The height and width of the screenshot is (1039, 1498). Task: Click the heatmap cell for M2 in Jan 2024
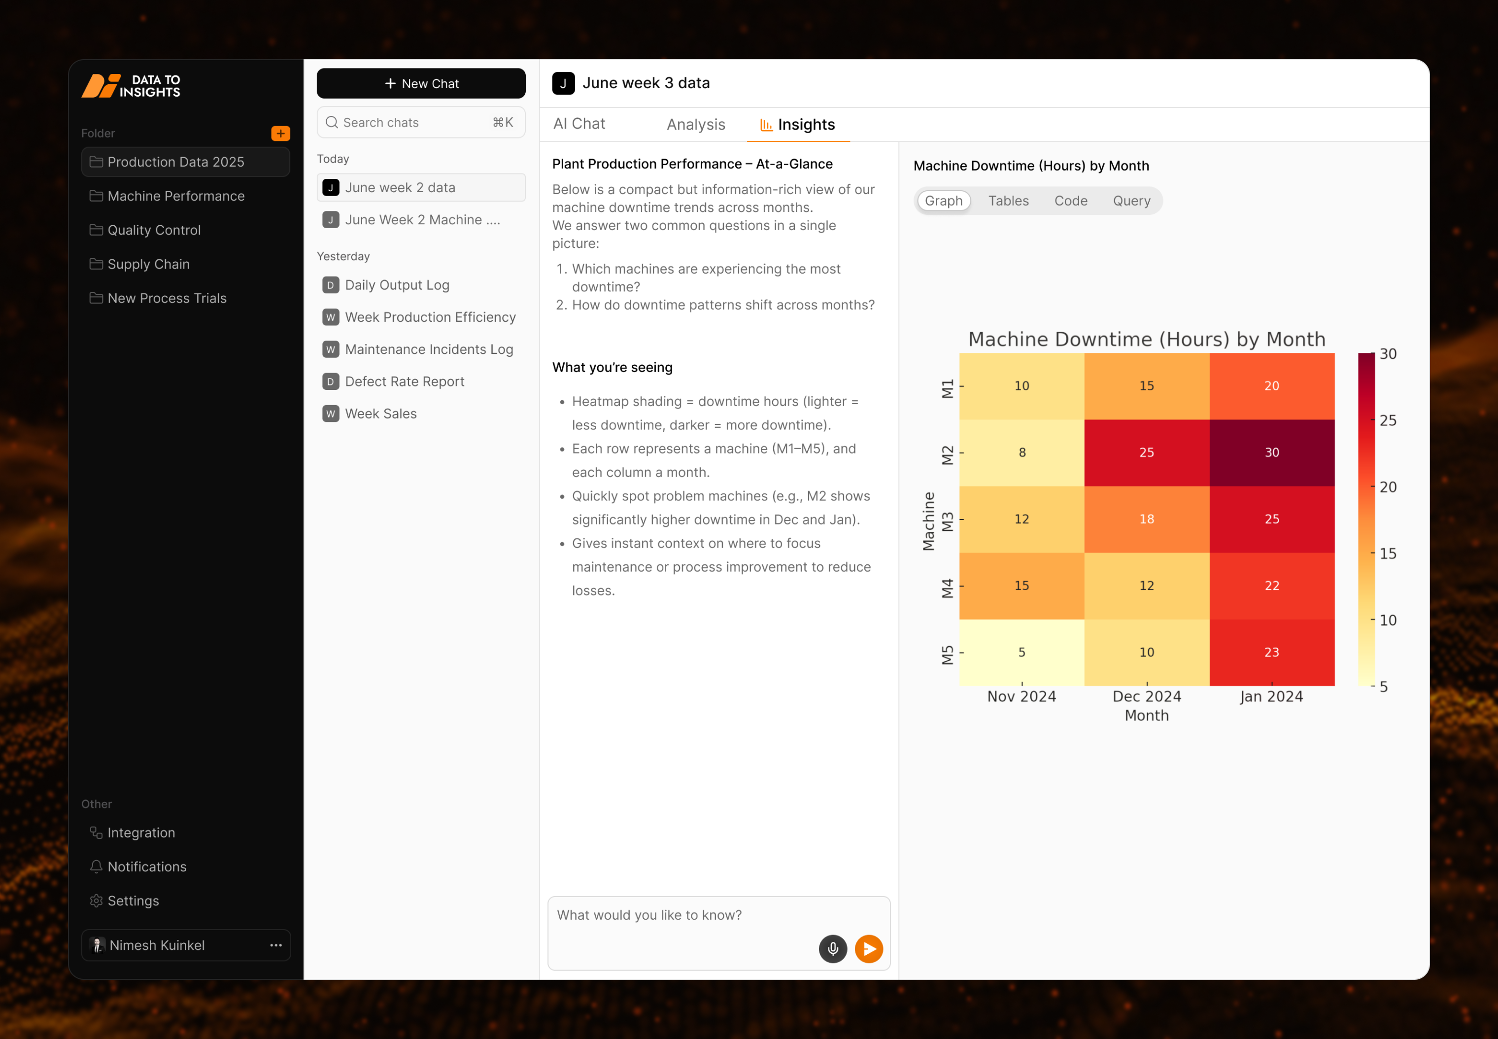coord(1271,452)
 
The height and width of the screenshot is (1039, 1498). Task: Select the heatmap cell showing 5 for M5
coord(1021,652)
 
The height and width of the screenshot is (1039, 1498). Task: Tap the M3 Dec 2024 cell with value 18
coord(1147,519)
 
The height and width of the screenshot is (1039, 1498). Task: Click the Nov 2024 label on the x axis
coord(1021,696)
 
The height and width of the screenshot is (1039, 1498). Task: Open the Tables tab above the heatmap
coord(1008,201)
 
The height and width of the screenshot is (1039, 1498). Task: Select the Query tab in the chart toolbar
coord(1131,201)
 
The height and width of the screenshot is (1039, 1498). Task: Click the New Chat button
coord(421,83)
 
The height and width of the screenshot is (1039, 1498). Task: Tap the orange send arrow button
coord(868,948)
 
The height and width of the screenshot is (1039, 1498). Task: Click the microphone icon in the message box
coord(832,948)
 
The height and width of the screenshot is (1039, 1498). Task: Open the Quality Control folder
coord(154,230)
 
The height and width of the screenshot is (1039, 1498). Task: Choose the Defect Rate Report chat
coord(404,381)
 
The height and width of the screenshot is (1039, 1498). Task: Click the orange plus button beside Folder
coord(280,134)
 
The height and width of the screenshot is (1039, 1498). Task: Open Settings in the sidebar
coord(133,900)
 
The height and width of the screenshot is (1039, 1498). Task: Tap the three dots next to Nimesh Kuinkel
coord(276,944)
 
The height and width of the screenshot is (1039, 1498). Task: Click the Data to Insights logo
coord(131,86)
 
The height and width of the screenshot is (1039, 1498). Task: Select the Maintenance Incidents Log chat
coord(429,349)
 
